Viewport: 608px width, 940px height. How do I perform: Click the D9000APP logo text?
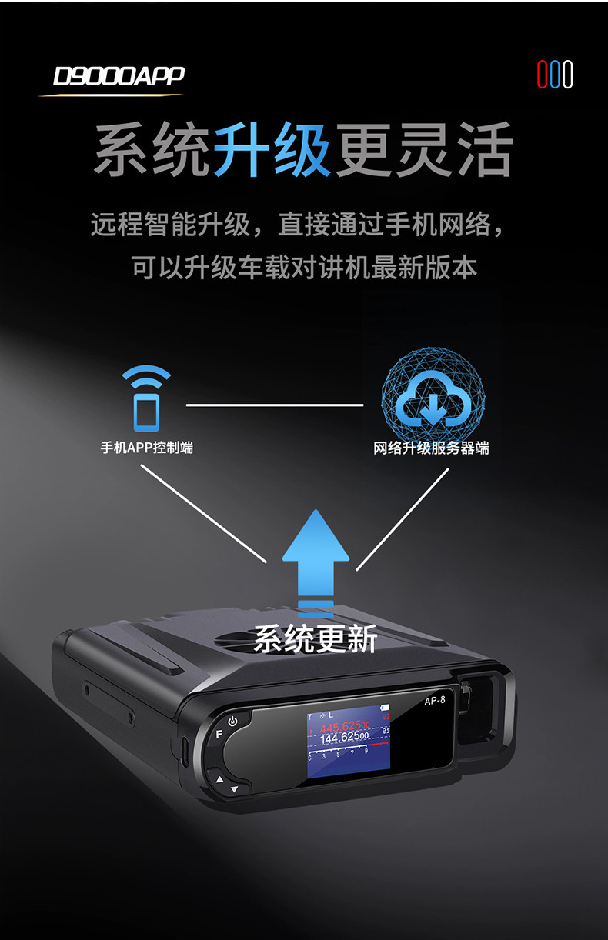(119, 76)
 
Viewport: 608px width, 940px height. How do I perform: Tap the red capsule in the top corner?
(542, 75)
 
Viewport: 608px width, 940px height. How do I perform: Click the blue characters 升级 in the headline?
(272, 150)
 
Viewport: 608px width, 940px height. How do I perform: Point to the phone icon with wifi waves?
(147, 400)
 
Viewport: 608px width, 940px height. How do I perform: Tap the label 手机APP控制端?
(146, 447)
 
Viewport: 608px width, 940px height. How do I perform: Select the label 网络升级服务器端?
(431, 448)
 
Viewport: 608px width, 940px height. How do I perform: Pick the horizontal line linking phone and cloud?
(274, 404)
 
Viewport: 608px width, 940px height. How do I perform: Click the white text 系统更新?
(315, 639)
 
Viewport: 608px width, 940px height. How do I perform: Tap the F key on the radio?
(219, 734)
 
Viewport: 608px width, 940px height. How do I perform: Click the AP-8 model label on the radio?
(435, 700)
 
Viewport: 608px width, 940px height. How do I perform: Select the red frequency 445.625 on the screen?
(343, 727)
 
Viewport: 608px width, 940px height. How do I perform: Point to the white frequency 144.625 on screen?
(344, 738)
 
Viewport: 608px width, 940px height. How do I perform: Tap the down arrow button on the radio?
(234, 788)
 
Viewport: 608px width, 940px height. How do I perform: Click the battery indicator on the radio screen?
(384, 707)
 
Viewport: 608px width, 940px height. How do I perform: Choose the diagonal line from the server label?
(403, 518)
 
